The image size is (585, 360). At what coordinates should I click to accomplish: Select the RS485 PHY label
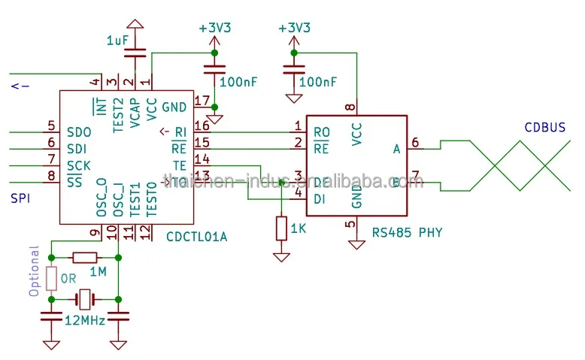[407, 232]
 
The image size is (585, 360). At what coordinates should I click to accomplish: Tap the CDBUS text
[544, 128]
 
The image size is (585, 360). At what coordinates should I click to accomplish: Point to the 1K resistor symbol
[281, 228]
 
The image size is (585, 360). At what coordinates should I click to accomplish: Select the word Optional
[33, 271]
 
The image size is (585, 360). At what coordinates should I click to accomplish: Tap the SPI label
[20, 198]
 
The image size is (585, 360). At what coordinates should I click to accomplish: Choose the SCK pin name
[79, 165]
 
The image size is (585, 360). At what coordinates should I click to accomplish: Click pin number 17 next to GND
[202, 101]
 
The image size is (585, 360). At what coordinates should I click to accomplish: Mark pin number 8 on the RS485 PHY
[349, 107]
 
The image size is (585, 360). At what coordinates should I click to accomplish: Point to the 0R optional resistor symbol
[51, 278]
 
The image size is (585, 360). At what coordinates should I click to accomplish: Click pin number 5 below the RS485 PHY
[349, 224]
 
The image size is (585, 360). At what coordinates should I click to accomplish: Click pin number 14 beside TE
[202, 159]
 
